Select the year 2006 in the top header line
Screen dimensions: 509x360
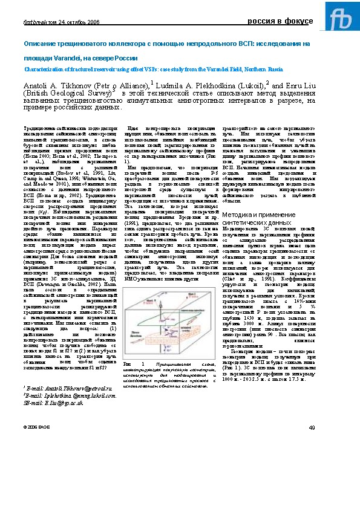point(93,22)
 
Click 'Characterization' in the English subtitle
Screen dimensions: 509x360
point(44,70)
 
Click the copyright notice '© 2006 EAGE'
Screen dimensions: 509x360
point(35,427)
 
